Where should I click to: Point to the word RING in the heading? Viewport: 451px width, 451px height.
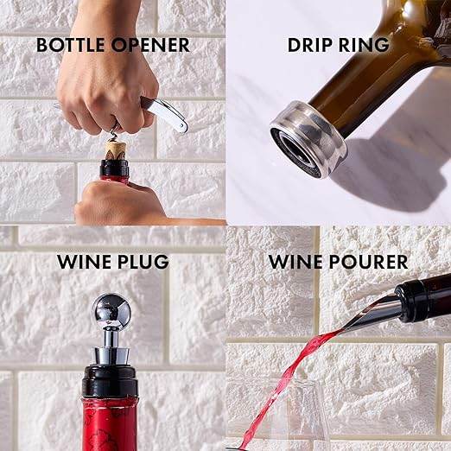click(x=366, y=44)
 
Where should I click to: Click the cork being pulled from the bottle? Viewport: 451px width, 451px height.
click(x=116, y=150)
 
